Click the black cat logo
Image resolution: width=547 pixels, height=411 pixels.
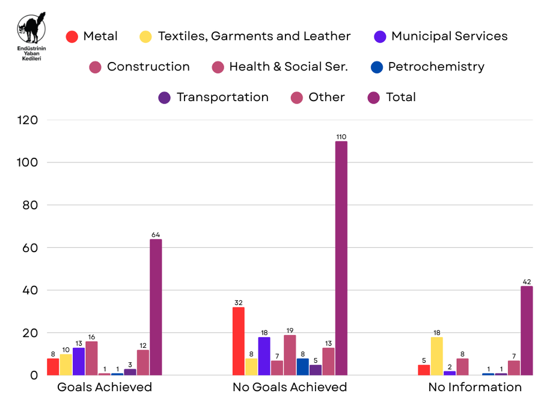(31, 27)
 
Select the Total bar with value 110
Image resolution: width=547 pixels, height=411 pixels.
(341, 258)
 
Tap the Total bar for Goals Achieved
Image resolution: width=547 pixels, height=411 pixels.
(156, 307)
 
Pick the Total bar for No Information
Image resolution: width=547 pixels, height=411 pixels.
(527, 330)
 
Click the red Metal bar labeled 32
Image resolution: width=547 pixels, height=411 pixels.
(238, 341)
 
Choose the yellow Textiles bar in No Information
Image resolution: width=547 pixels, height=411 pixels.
(437, 356)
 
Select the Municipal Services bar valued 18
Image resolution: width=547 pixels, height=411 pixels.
(264, 356)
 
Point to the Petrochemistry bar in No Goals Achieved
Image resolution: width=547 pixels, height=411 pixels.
(302, 366)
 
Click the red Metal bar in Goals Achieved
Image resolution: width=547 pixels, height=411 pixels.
(53, 366)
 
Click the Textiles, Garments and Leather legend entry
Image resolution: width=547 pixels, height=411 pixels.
(245, 36)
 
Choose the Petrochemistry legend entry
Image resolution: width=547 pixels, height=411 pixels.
(427, 67)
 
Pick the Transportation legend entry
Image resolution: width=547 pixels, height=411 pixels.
(213, 97)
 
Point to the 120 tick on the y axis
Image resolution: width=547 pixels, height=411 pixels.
(26, 120)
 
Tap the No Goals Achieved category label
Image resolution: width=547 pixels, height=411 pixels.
(290, 387)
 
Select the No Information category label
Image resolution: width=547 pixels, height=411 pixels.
(475, 387)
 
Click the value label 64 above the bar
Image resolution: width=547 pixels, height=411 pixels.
(156, 235)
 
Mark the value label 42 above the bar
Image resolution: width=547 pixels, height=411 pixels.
(527, 282)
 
